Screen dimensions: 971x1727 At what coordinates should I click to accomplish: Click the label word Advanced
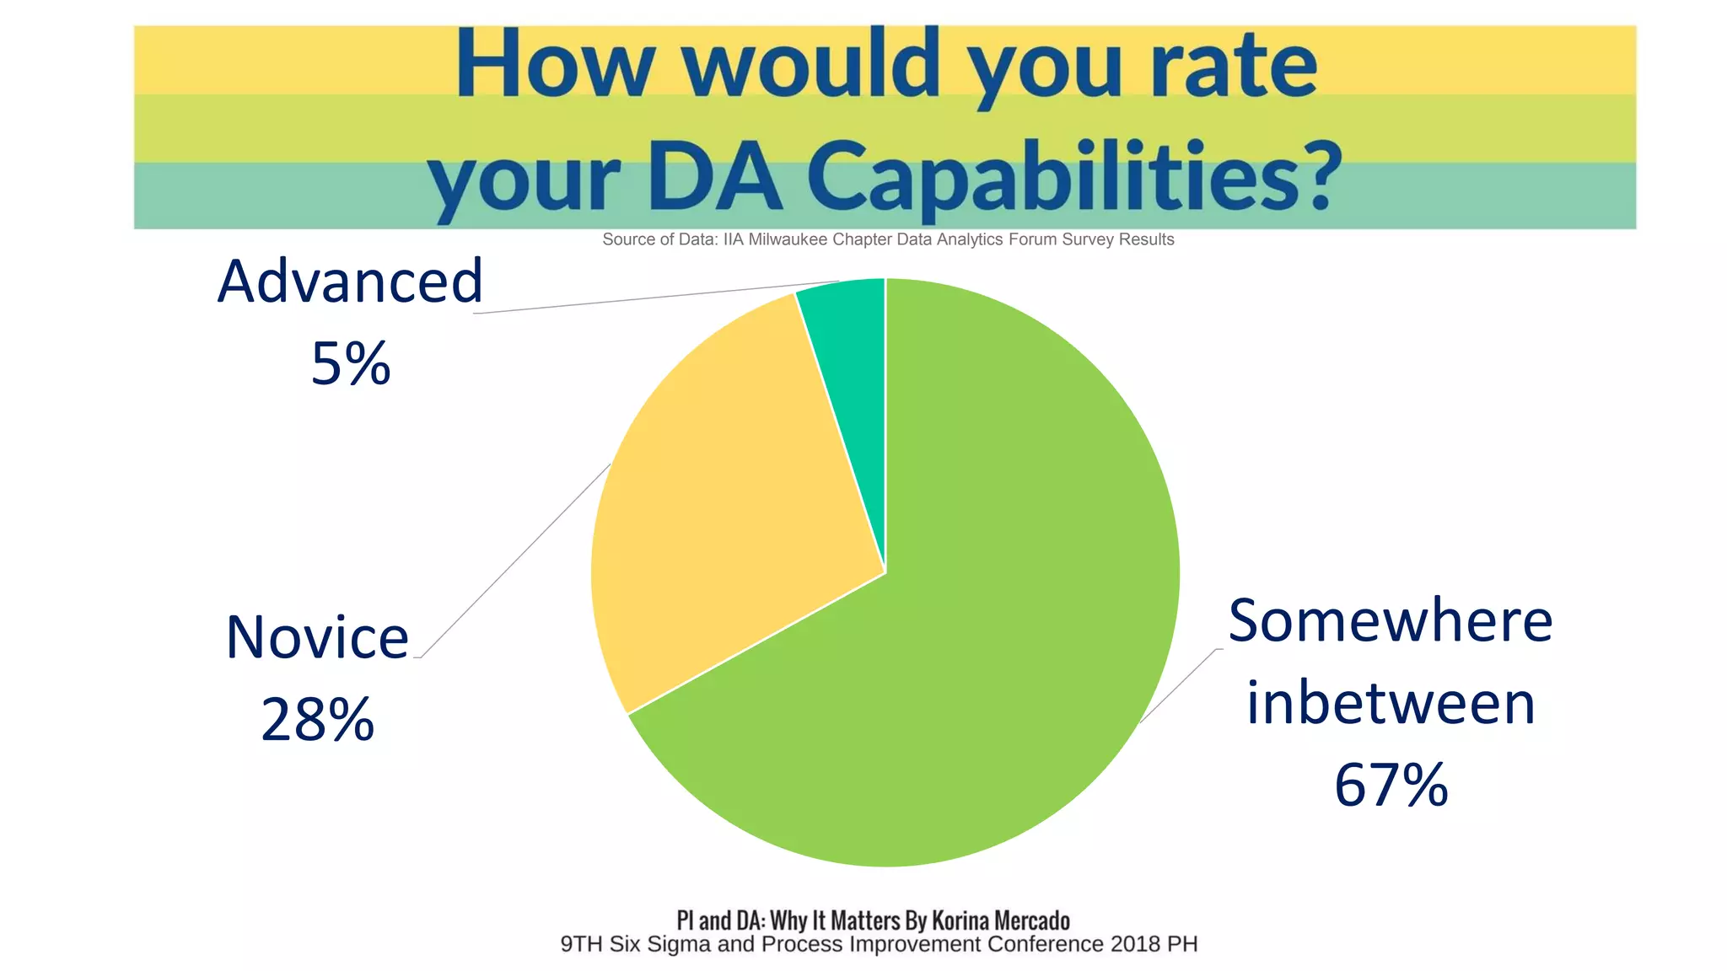tap(350, 282)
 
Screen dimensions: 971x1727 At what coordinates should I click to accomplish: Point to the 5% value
tap(351, 364)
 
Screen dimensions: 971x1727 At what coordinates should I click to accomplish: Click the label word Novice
tap(317, 637)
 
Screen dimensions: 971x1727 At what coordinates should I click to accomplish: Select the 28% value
tap(317, 720)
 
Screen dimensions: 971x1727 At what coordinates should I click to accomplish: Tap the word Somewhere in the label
tap(1390, 621)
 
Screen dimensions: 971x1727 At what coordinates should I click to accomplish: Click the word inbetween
tap(1390, 704)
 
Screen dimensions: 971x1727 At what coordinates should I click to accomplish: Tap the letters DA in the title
tap(715, 177)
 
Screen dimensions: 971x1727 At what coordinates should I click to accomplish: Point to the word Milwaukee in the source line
tap(788, 239)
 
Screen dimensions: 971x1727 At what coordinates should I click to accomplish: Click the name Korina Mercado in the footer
tap(1000, 920)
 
